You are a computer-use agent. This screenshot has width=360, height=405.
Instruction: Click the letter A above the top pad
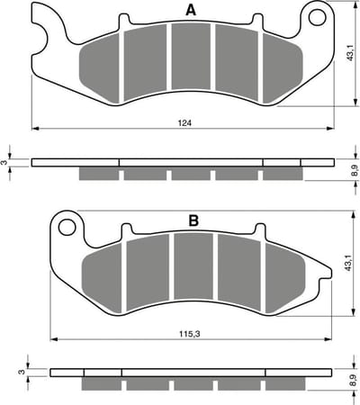click(191, 11)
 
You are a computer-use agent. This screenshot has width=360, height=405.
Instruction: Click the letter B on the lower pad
click(193, 221)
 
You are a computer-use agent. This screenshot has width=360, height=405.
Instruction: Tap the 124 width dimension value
click(184, 122)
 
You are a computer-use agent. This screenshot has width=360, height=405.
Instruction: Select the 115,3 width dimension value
click(190, 334)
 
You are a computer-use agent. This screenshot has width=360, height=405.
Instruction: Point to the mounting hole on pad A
click(318, 17)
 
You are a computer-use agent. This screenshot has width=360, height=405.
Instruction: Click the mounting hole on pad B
click(67, 228)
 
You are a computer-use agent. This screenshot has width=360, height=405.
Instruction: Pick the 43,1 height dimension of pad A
click(350, 53)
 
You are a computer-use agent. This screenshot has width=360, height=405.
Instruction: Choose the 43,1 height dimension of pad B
click(348, 264)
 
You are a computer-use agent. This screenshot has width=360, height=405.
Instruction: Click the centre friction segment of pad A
click(191, 57)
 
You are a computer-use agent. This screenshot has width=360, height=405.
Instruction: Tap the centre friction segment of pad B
click(193, 266)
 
